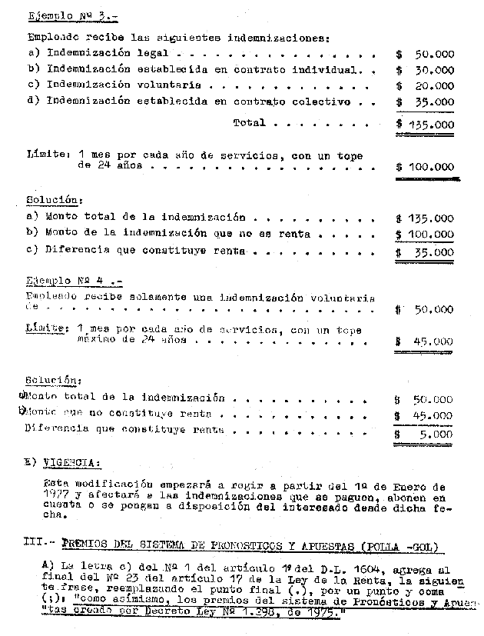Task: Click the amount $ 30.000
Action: (x=425, y=70)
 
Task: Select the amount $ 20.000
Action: (x=425, y=86)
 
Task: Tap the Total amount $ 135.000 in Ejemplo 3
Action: (x=425, y=125)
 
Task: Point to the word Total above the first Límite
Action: (x=248, y=122)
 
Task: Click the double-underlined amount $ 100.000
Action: (x=425, y=167)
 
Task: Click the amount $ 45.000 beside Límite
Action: (x=425, y=342)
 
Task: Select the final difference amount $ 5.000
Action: (x=425, y=434)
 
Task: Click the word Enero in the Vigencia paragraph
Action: (x=413, y=487)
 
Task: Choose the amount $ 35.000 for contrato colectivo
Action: (x=425, y=102)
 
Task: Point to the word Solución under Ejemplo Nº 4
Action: (x=51, y=380)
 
